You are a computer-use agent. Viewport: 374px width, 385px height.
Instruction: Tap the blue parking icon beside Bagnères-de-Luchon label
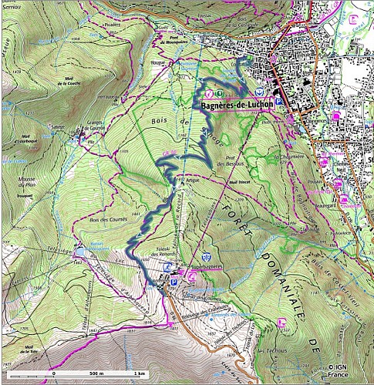(x=278, y=101)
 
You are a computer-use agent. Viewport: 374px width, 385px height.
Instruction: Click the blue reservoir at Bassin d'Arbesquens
(x=81, y=251)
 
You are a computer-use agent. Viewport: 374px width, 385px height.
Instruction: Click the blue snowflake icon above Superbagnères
(x=206, y=256)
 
